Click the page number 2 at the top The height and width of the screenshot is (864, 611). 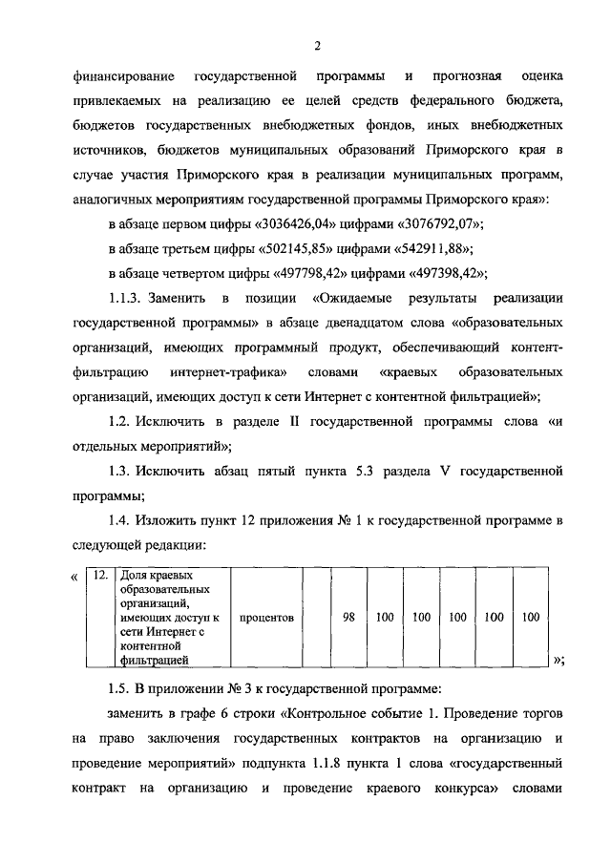(x=316, y=45)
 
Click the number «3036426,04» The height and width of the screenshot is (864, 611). (x=300, y=224)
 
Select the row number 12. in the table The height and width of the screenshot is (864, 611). (x=97, y=577)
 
